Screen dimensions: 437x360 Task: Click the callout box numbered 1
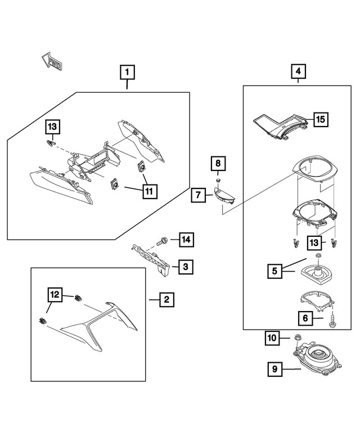click(127, 72)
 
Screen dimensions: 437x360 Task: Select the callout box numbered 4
click(298, 72)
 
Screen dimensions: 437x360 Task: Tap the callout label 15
click(320, 119)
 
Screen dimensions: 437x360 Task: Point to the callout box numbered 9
click(274, 369)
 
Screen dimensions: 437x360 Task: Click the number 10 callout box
click(272, 338)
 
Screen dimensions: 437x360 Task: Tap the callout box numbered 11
click(150, 191)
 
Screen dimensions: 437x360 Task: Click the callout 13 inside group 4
click(315, 243)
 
